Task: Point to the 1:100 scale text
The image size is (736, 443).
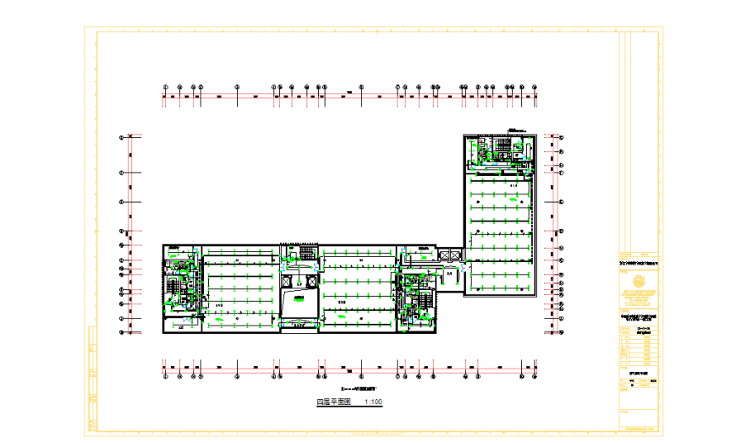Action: [x=372, y=403]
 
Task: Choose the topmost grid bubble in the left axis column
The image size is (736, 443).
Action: [x=121, y=136]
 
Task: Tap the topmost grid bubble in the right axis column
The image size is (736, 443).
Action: [x=560, y=136]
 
